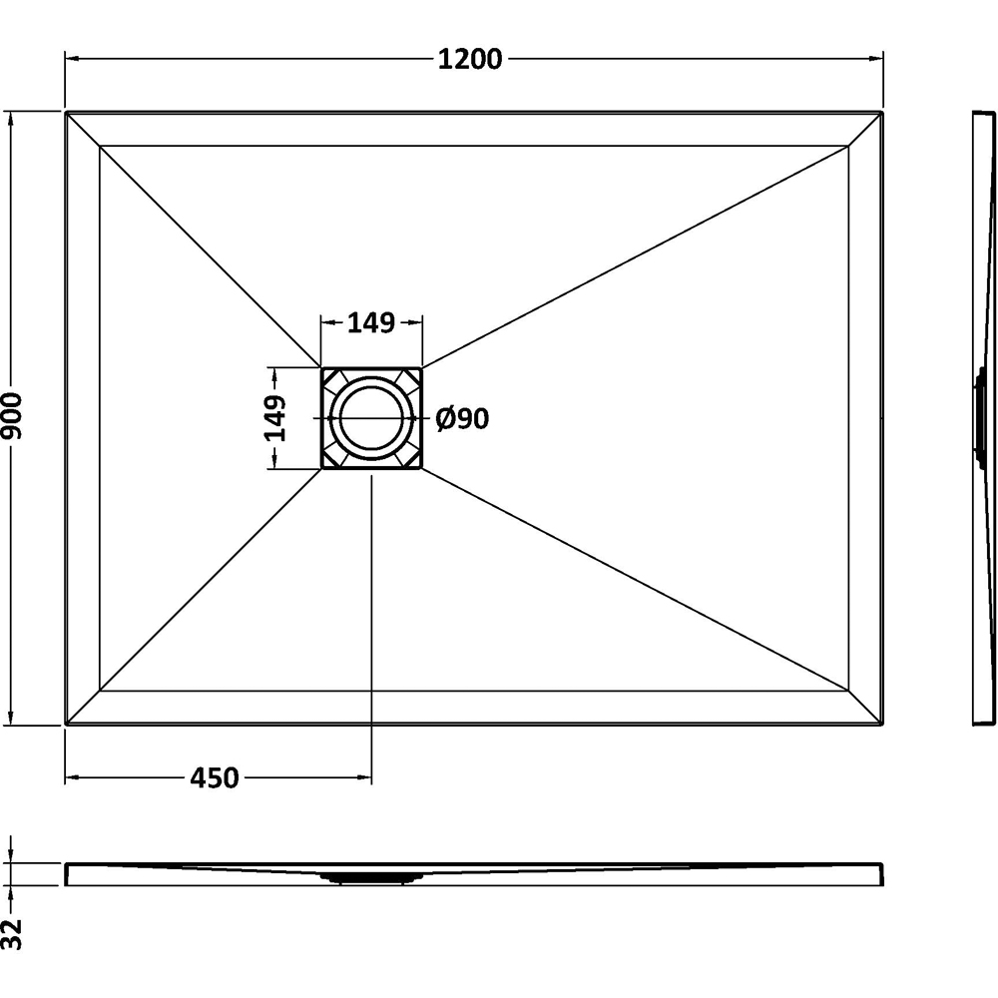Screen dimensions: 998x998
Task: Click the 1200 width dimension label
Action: [x=470, y=59]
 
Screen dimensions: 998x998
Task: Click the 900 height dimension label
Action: [x=12, y=415]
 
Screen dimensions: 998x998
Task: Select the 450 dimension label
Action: [x=215, y=777]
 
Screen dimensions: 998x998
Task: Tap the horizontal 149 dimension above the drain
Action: [x=371, y=323]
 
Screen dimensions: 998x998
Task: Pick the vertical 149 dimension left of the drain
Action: [x=275, y=418]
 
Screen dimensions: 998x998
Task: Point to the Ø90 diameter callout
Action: [x=463, y=418]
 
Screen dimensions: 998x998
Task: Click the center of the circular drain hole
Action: [x=371, y=417]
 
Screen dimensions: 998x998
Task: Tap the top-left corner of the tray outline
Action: [x=66, y=112]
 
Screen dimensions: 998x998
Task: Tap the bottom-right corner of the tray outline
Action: [x=883, y=725]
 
